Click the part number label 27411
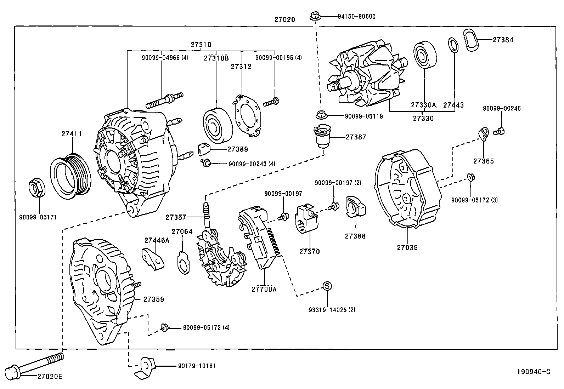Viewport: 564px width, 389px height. pyautogui.click(x=72, y=134)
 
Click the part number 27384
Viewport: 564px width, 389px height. pyautogui.click(x=503, y=40)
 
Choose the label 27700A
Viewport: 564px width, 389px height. pyautogui.click(x=264, y=289)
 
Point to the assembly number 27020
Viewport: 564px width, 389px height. pyautogui.click(x=284, y=20)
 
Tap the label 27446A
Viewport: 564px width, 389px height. pyautogui.click(x=157, y=240)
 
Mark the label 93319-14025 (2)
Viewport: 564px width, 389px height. pyautogui.click(x=332, y=310)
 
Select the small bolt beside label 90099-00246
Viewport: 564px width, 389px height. pyautogui.click(x=500, y=131)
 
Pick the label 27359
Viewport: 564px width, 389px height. pyautogui.click(x=154, y=299)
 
